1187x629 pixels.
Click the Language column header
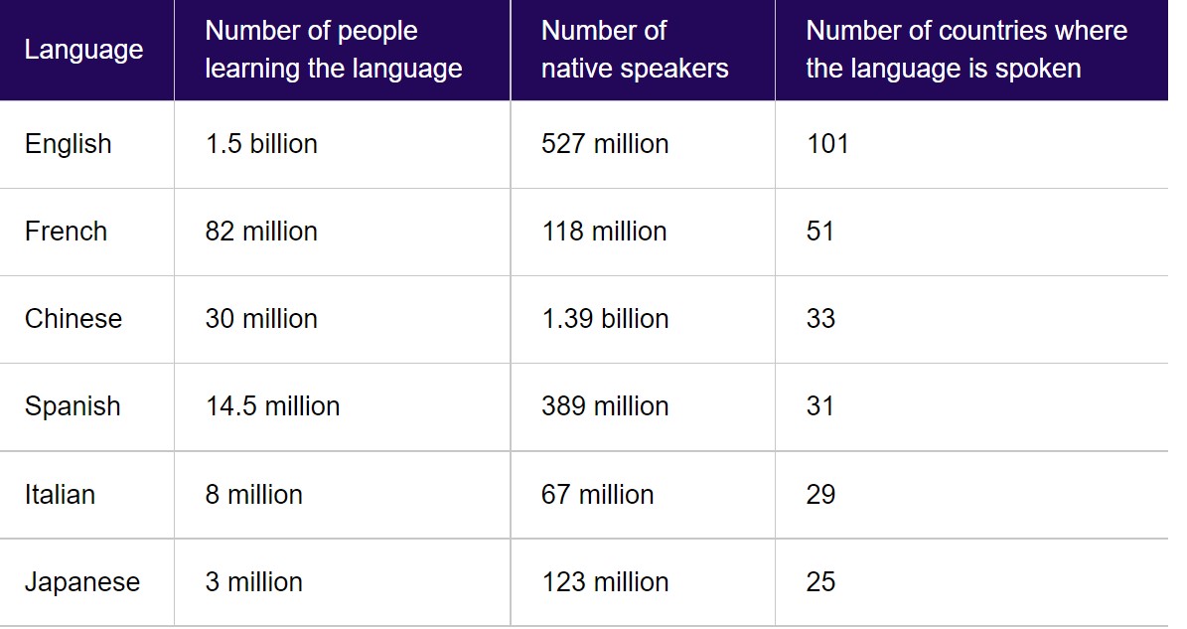(83, 50)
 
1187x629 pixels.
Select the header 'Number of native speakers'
(635, 50)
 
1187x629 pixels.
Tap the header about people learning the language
(333, 50)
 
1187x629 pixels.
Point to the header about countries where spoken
(965, 50)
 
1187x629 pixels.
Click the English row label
(69, 144)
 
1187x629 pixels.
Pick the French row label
(66, 231)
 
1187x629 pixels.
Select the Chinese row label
(73, 319)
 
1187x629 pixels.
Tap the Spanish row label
(72, 406)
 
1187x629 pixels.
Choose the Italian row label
(60, 494)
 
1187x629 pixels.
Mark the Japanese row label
(81, 582)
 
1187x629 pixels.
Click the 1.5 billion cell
(261, 144)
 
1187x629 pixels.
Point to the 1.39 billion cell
(605, 319)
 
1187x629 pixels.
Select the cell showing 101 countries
(827, 144)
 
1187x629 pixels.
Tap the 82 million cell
(261, 231)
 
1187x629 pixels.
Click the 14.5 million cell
(272, 406)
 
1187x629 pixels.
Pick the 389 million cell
(605, 406)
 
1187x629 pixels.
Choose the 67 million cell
(597, 494)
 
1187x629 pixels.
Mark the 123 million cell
(605, 582)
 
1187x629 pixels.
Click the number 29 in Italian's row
(820, 494)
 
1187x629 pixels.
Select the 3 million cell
(253, 582)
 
